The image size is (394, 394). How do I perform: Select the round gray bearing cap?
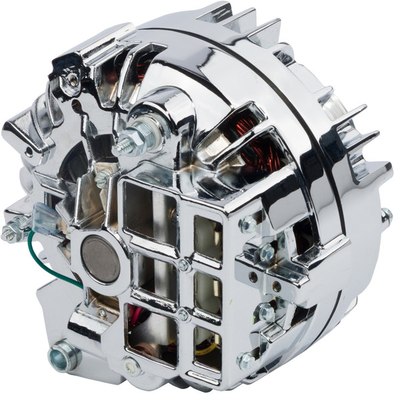tap(101, 258)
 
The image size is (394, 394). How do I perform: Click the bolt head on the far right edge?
tap(386, 215)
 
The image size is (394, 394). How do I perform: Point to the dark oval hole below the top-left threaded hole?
tap(76, 108)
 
